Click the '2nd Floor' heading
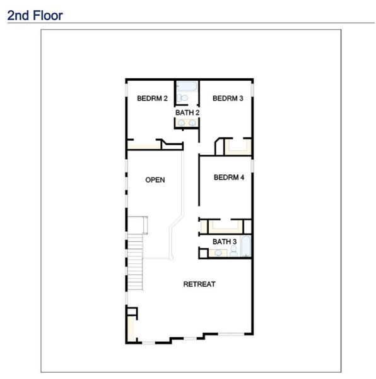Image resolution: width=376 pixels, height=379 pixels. (x=35, y=15)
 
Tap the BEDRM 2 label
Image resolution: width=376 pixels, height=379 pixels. (x=152, y=99)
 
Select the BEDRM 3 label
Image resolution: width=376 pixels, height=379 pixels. (x=228, y=99)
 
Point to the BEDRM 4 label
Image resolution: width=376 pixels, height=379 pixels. (x=229, y=177)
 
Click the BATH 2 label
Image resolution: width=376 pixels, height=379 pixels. (x=187, y=113)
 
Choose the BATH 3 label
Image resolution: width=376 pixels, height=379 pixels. (x=225, y=242)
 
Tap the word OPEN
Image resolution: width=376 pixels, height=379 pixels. (x=155, y=180)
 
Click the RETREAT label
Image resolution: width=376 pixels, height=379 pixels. (x=199, y=284)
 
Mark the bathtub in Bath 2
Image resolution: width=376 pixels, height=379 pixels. (x=187, y=86)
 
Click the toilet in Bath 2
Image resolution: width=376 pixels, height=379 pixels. (x=183, y=99)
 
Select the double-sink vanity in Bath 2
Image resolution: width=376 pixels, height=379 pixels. (x=187, y=123)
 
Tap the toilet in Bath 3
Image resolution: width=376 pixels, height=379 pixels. (x=233, y=252)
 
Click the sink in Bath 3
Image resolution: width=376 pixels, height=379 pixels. (x=218, y=253)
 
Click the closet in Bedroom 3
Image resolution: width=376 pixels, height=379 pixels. (x=238, y=148)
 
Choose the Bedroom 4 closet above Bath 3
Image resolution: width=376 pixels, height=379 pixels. (x=225, y=226)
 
